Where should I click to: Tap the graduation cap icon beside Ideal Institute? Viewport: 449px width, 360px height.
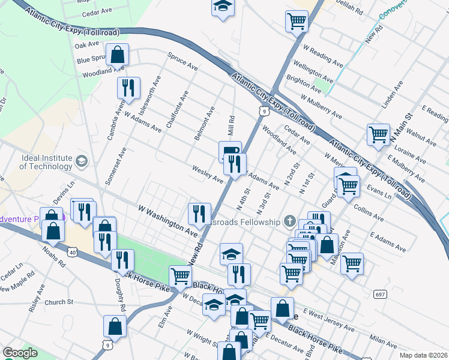coord(82,161)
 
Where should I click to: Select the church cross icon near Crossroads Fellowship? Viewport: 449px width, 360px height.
coord(291,221)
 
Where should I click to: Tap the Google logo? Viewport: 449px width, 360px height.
coord(20,353)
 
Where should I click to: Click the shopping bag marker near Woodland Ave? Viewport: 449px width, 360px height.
coord(118,55)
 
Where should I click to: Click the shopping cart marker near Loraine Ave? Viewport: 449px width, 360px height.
coord(378,136)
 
